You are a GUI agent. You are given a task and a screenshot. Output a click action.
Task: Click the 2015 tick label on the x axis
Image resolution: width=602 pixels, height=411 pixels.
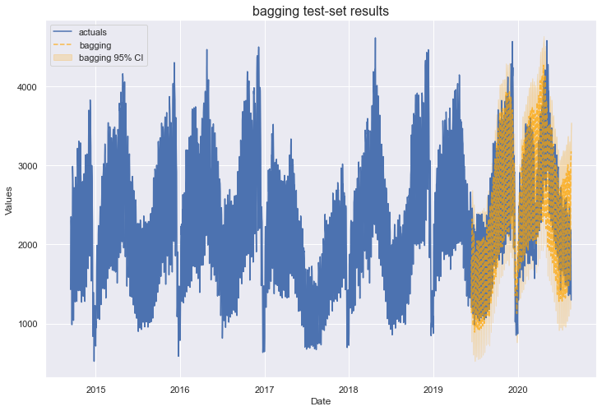point(96,389)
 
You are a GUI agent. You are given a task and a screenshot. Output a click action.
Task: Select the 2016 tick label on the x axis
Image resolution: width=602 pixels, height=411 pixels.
point(180,389)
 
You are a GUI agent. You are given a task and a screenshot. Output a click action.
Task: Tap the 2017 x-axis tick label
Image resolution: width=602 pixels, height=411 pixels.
point(265,389)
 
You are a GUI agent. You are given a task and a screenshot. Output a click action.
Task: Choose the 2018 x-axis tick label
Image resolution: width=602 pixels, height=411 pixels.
point(349,389)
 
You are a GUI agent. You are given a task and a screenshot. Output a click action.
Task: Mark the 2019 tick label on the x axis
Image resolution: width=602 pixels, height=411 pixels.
point(433,389)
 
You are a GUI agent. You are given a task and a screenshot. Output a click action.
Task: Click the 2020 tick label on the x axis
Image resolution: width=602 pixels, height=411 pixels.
point(517,389)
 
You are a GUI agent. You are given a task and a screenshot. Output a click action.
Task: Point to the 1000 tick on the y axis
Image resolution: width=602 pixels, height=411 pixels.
point(31,324)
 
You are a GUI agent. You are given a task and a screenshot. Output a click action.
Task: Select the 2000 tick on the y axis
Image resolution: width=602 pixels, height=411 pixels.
point(31,245)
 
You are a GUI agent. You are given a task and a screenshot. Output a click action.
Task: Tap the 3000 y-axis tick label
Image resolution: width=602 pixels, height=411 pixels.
point(31,166)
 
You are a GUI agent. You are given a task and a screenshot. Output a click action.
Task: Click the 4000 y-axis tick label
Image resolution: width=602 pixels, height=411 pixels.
point(31,87)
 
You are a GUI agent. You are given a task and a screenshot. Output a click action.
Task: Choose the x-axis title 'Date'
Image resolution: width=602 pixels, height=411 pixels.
point(321,401)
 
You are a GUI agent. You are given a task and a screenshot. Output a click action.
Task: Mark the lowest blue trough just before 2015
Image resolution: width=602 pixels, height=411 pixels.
point(94,360)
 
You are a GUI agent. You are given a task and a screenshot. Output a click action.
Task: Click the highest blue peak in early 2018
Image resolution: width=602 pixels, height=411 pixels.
point(375,38)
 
